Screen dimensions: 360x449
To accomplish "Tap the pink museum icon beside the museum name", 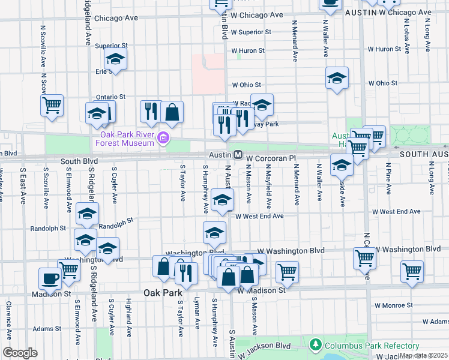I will [x=162, y=139].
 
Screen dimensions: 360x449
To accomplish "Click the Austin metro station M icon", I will [x=238, y=155].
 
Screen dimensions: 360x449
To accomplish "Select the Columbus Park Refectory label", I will [x=371, y=346].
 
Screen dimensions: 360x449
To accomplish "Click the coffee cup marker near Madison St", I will [x=50, y=278].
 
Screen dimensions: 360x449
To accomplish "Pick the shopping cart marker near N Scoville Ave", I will [x=52, y=105].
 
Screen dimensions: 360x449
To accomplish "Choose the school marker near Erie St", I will [x=115, y=59].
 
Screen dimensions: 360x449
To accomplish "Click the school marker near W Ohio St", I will [x=337, y=78].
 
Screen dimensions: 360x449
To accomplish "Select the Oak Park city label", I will [x=163, y=293].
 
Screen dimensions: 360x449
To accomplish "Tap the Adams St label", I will [x=47, y=329].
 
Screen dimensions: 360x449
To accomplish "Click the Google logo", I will [x=20, y=353].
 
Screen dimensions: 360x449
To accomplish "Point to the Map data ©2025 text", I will [x=424, y=356].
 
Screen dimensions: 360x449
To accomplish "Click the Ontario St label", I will [x=110, y=97].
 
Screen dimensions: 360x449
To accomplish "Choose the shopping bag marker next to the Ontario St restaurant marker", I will [x=172, y=112].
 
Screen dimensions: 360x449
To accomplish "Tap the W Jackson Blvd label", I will [x=274, y=346].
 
